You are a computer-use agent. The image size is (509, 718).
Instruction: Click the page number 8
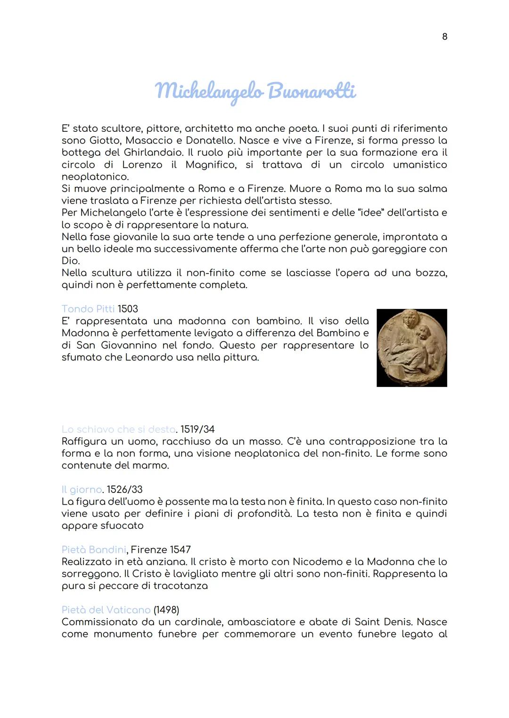444,37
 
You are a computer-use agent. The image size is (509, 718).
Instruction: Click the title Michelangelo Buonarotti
255,91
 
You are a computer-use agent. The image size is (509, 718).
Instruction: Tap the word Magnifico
210,165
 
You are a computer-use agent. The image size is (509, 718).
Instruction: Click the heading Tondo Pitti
88,309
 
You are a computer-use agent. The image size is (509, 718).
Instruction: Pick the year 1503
128,309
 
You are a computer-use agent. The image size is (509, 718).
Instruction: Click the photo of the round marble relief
411,347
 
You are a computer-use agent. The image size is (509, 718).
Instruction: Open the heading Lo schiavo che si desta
118,429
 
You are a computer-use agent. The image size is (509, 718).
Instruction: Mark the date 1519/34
197,429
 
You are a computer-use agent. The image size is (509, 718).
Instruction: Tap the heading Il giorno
82,490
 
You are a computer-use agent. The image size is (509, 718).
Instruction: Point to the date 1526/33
124,490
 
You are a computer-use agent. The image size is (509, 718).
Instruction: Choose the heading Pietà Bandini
94,550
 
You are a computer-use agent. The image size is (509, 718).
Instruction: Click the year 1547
180,550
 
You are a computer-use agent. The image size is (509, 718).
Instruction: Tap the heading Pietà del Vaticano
106,610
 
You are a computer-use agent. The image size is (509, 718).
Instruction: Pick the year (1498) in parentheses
166,610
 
